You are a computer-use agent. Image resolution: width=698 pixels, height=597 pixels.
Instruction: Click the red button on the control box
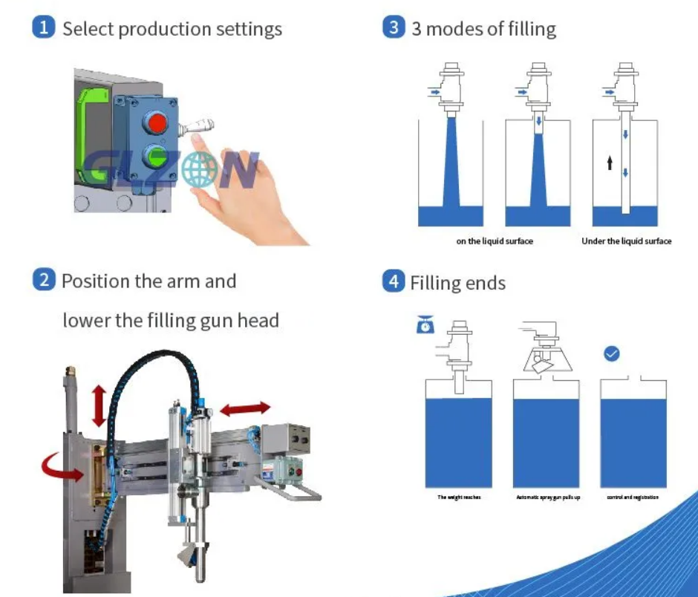tap(157, 121)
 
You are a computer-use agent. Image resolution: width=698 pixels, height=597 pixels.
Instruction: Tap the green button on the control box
tap(157, 157)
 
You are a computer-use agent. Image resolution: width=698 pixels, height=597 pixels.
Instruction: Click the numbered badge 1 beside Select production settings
tap(45, 28)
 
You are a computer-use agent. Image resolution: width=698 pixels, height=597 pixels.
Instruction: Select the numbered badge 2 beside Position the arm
tap(44, 280)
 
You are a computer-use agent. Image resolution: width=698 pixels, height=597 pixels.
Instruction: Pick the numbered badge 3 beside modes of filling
tap(394, 28)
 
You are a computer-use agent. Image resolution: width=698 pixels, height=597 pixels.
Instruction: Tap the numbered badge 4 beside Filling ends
tap(393, 282)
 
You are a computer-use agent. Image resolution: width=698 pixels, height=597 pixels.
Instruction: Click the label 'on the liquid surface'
tap(495, 241)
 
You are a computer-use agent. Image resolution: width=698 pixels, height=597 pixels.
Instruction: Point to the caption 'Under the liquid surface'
tap(626, 241)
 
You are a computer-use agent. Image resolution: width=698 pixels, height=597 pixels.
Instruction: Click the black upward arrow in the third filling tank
tap(610, 162)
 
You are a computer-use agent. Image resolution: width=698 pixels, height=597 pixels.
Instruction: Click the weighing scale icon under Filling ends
tap(425, 325)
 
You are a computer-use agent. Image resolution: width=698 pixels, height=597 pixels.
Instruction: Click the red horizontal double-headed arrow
tap(245, 408)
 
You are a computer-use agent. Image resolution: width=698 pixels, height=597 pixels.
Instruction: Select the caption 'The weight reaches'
tap(459, 497)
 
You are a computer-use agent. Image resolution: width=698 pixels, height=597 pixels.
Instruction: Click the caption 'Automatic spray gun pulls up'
tap(548, 497)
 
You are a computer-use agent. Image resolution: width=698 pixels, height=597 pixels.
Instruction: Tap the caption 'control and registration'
tap(632, 497)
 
